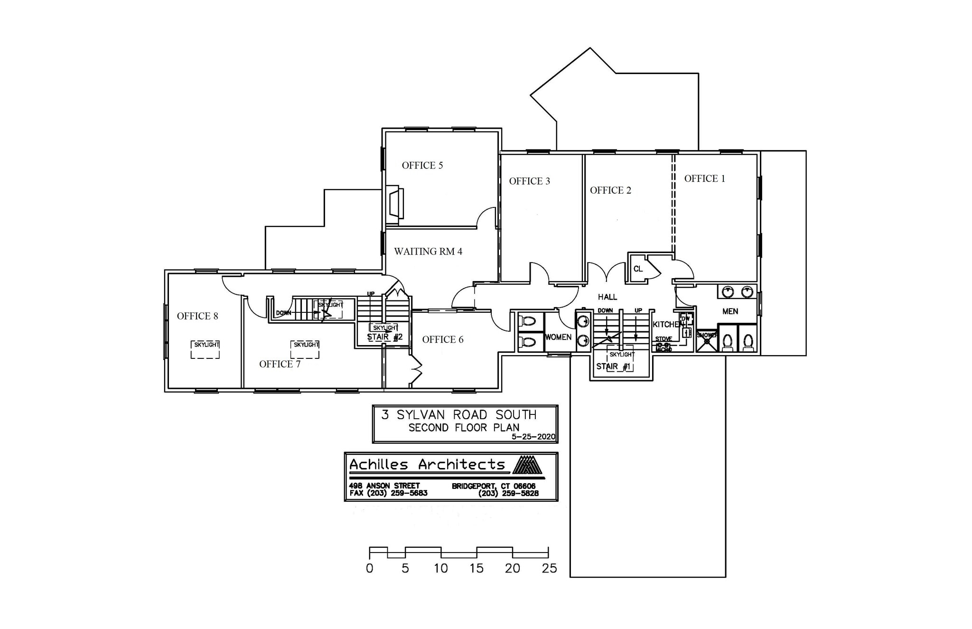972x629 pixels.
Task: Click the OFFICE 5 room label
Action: click(422, 165)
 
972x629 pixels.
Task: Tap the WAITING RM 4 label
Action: click(428, 251)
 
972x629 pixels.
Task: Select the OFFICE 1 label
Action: click(704, 178)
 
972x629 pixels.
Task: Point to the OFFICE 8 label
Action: click(197, 316)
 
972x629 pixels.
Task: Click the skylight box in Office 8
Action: click(206, 349)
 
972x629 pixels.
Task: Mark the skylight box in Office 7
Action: click(305, 349)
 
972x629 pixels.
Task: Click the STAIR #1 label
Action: click(613, 366)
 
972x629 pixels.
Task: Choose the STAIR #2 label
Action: click(384, 337)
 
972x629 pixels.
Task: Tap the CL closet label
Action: click(638, 269)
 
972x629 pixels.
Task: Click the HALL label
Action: click(607, 297)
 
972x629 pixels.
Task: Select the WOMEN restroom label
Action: click(558, 337)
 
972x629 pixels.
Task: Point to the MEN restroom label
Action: click(730, 311)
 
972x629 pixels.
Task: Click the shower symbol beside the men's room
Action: click(707, 341)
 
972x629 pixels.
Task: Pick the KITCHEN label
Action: click(667, 325)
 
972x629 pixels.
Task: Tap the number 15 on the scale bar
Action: click(477, 568)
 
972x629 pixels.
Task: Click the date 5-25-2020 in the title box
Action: click(533, 437)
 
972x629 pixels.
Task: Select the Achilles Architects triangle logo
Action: click(528, 465)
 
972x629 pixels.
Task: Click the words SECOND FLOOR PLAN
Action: click(464, 427)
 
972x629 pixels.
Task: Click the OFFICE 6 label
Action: click(442, 339)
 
